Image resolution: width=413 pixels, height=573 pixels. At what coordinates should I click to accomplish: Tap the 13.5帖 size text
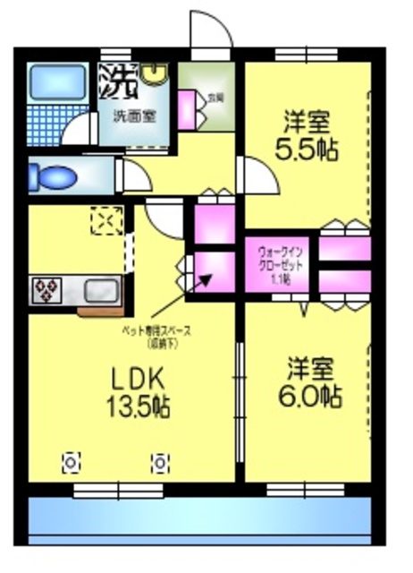(139, 406)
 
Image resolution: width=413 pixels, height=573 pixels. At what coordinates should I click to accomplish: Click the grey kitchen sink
(101, 289)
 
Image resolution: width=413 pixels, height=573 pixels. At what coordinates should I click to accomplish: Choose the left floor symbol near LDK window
(70, 463)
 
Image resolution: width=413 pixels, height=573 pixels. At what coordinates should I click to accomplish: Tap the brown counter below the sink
(99, 312)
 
